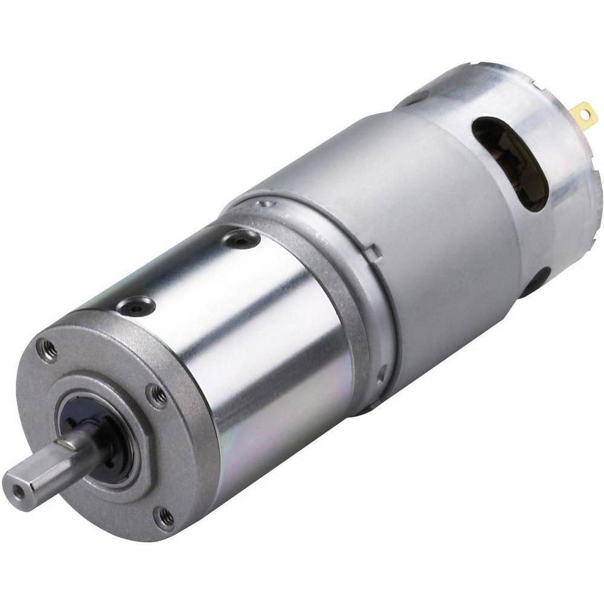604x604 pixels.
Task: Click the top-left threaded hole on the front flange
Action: [x=45, y=349]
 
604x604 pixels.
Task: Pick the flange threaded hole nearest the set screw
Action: [x=158, y=397]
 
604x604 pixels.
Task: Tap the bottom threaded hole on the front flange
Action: [x=162, y=517]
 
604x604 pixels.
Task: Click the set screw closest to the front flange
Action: [x=133, y=307]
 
